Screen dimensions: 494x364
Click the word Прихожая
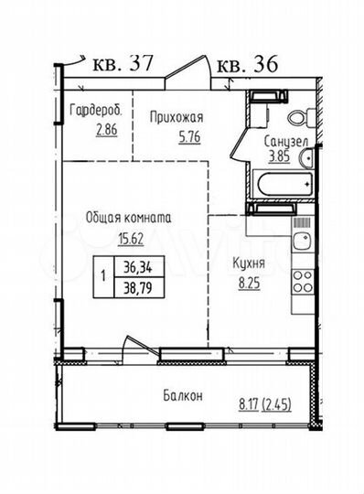(176, 117)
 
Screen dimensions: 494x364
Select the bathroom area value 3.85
(277, 156)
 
